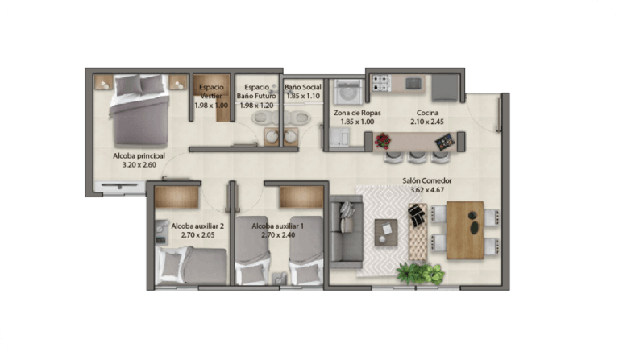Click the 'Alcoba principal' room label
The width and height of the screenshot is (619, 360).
(139, 155)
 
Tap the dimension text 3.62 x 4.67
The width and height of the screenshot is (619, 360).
(427, 189)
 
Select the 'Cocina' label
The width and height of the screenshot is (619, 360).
(427, 113)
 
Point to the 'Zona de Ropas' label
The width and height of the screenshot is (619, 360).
(357, 113)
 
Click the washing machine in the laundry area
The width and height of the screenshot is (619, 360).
(348, 92)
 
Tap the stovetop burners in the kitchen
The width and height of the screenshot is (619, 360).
(381, 83)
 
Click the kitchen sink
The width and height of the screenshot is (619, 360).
(413, 83)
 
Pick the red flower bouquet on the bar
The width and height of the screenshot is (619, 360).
(382, 141)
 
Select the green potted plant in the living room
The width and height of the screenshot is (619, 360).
(421, 273)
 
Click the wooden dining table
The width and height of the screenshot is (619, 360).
(465, 230)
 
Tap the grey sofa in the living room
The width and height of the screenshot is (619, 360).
(347, 232)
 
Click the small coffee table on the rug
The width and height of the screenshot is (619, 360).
(386, 232)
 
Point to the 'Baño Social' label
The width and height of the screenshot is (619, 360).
(303, 87)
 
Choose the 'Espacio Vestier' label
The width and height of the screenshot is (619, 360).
(211, 92)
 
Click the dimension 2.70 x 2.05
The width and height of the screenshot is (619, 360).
(197, 235)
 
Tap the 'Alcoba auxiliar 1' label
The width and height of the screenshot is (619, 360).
(278, 226)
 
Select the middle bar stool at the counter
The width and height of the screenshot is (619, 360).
(417, 157)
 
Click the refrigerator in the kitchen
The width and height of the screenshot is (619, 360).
(445, 89)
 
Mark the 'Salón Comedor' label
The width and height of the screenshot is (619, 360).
(427, 180)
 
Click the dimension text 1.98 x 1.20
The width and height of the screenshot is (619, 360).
(256, 106)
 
